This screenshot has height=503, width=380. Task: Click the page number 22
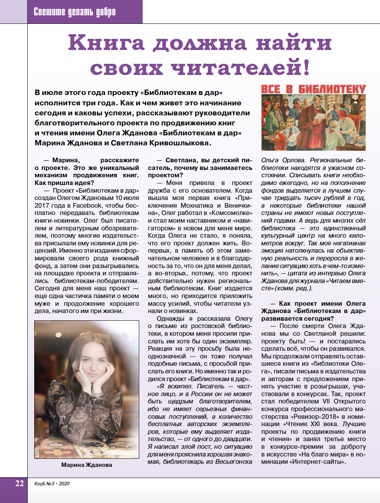20,483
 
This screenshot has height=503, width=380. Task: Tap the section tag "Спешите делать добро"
75,12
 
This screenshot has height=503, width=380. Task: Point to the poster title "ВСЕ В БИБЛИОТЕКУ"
313,89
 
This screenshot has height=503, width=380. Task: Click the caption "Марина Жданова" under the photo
87,465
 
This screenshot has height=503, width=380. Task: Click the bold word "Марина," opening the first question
66,160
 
